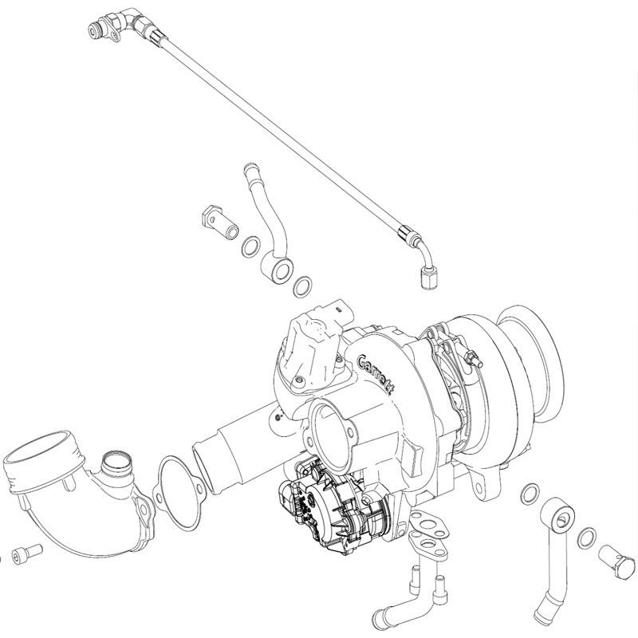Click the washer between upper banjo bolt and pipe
(x=251, y=246)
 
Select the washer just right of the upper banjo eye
(x=303, y=288)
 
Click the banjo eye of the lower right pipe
(x=557, y=516)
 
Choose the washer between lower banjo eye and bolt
(x=587, y=538)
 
